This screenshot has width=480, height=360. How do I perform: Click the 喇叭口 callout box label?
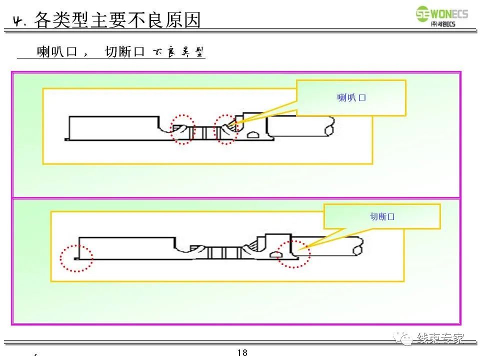(x=351, y=98)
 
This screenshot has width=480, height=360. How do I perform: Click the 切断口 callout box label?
(x=382, y=216)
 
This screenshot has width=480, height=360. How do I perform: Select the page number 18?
(x=242, y=353)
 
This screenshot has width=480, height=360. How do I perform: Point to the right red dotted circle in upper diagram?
(x=226, y=130)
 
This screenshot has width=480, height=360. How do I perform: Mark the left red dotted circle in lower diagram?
(x=76, y=258)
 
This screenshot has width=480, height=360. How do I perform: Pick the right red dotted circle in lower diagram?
(x=294, y=253)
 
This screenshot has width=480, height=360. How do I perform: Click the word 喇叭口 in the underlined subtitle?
(x=57, y=52)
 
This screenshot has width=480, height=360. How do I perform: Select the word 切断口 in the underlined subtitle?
(x=124, y=52)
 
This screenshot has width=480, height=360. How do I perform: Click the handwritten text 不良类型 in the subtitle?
(x=178, y=52)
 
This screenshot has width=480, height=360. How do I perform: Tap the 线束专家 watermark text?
(x=440, y=338)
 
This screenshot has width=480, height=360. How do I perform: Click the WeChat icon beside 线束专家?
(x=404, y=338)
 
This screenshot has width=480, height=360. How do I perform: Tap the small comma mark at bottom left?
(x=35, y=354)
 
